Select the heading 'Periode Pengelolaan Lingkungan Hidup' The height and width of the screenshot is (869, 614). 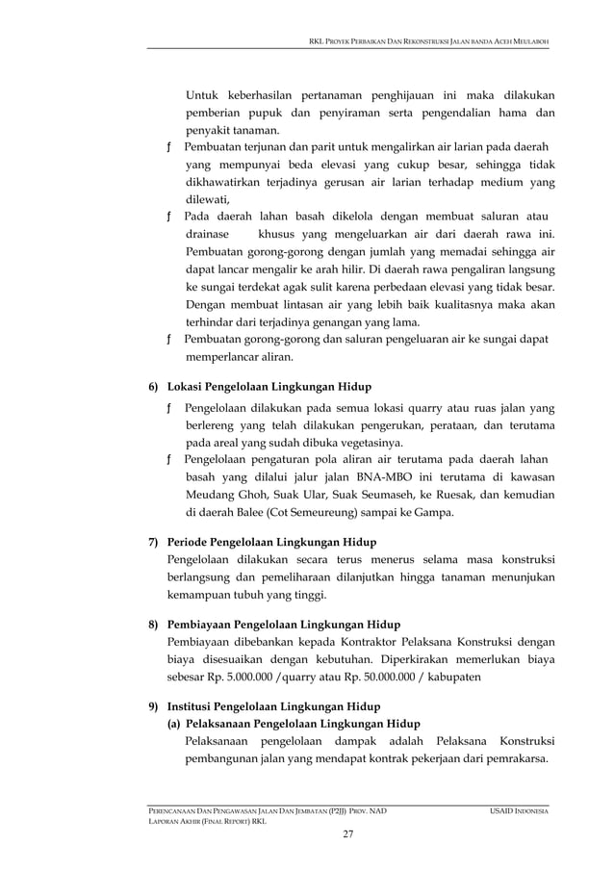pos(271,541)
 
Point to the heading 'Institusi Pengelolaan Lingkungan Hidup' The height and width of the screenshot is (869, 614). pos(273,706)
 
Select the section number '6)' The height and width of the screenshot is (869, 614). pos(153,387)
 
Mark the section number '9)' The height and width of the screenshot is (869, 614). pos(153,706)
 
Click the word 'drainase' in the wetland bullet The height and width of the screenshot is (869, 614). pos(207,235)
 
